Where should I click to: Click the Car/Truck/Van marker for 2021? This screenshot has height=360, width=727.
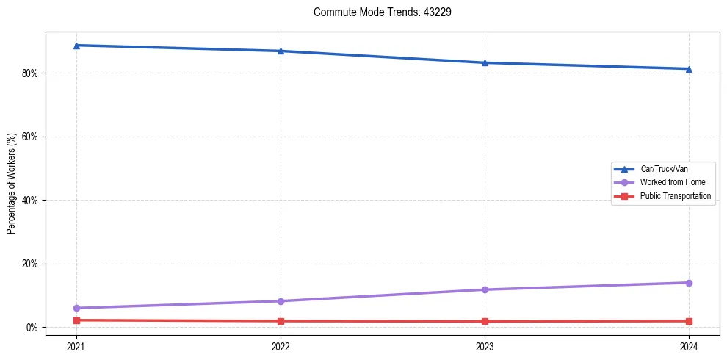76,46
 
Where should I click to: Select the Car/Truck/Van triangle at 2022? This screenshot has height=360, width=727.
281,51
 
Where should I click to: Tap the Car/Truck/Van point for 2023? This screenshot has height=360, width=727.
485,62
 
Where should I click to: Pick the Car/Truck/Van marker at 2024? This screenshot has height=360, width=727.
689,69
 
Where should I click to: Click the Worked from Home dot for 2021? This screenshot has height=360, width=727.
76,308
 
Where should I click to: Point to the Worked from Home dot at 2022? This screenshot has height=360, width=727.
281,301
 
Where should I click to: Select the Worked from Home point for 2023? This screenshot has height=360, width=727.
485,289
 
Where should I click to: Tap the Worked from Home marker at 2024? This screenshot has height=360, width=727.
689,283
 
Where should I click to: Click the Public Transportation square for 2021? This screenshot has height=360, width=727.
76,320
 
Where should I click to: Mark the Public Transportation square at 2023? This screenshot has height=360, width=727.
485,321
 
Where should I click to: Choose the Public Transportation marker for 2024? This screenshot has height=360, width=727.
689,321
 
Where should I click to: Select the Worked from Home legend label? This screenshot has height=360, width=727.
672,182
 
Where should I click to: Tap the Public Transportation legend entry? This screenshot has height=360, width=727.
675,196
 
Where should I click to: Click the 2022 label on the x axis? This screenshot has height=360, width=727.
281,346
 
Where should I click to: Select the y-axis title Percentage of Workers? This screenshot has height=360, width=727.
12,184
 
